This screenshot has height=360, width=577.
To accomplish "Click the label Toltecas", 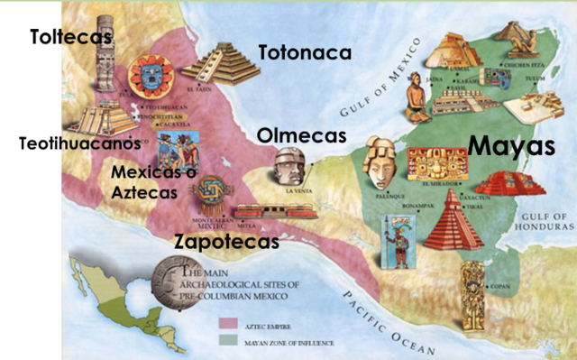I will [x=69, y=37].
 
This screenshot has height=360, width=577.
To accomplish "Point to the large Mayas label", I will [x=510, y=145].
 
